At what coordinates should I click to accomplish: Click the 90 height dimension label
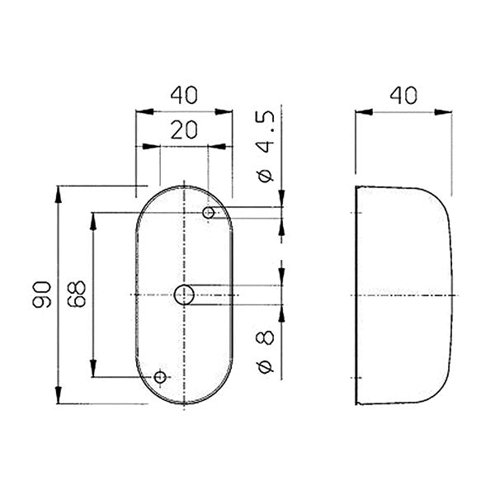[x=42, y=295]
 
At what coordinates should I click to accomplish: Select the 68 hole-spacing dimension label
[x=77, y=294]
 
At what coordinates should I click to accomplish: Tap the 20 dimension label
[x=184, y=130]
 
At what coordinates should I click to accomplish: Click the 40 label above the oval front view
[x=184, y=95]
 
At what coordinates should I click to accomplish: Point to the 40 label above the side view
[x=403, y=95]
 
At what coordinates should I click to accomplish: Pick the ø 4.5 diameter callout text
[x=266, y=147]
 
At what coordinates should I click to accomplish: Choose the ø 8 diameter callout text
[x=265, y=351]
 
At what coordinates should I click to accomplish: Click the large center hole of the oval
[x=184, y=295]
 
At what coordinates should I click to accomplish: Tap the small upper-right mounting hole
[x=209, y=213]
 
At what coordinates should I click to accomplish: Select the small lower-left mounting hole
[x=160, y=377]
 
